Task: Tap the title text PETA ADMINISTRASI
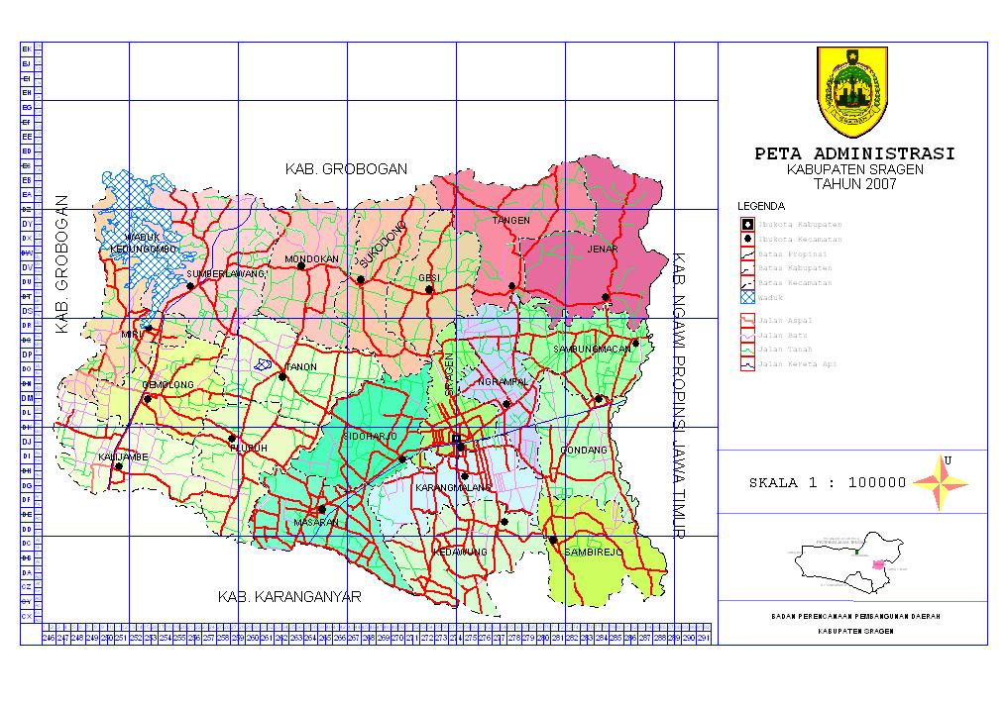click(854, 154)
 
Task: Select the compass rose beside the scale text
click(940, 482)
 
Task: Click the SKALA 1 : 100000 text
click(828, 483)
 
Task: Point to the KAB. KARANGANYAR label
click(289, 597)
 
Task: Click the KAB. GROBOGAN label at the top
click(346, 169)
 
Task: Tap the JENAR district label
click(602, 250)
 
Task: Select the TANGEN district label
click(511, 220)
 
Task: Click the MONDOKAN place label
click(312, 258)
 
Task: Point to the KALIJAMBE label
click(123, 456)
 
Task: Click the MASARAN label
click(316, 522)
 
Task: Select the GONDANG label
click(584, 451)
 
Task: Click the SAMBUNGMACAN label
click(593, 350)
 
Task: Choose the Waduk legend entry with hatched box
click(763, 297)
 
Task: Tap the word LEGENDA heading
click(761, 206)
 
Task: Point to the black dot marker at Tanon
click(282, 376)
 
